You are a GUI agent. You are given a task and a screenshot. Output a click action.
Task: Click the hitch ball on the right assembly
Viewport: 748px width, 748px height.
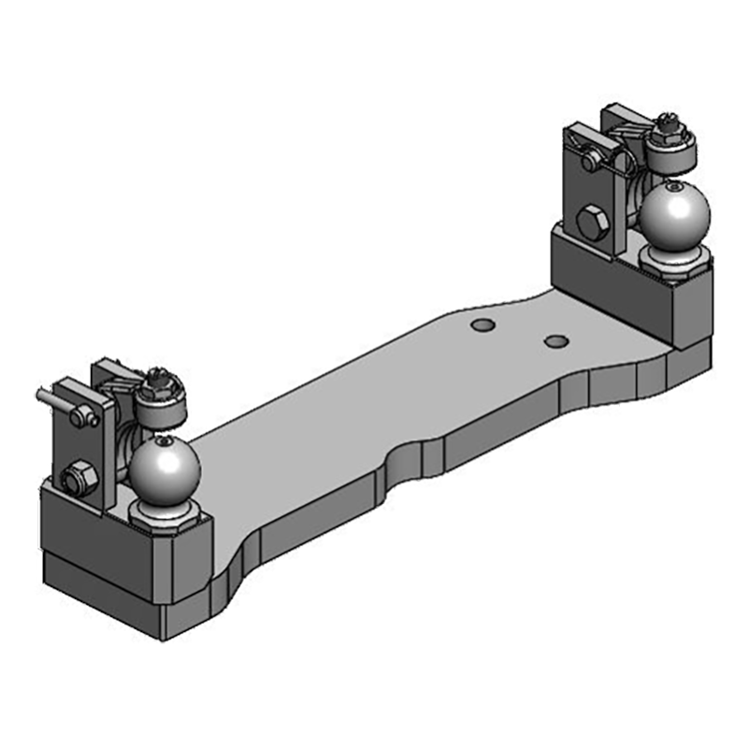tap(675, 217)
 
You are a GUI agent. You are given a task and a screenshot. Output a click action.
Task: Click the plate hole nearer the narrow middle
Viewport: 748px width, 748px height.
tap(482, 325)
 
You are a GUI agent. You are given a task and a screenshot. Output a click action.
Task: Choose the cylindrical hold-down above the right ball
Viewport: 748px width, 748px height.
tap(670, 150)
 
